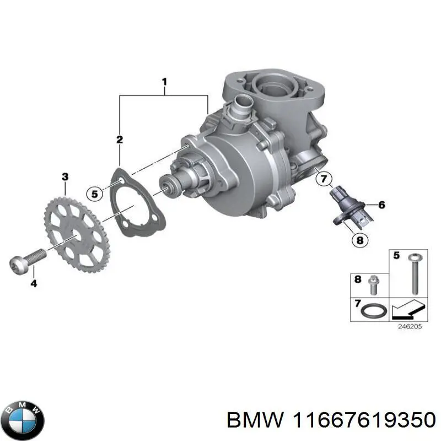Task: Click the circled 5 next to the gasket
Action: click(x=95, y=193)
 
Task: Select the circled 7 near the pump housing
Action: click(x=324, y=179)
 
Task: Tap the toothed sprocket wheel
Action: click(x=77, y=232)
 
